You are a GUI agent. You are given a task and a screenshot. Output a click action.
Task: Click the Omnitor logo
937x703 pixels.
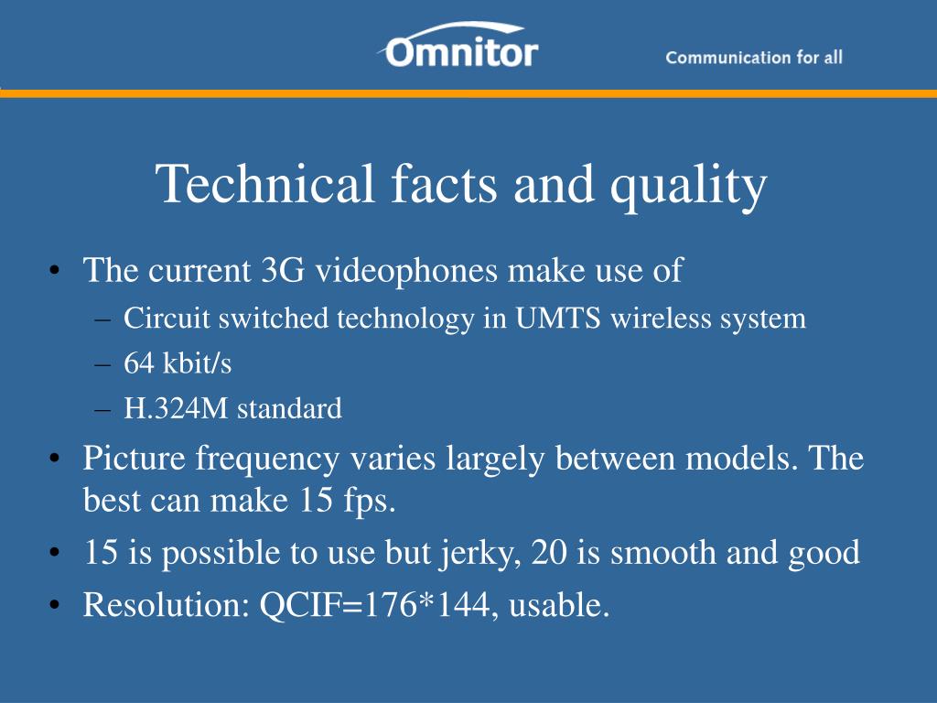[x=458, y=45]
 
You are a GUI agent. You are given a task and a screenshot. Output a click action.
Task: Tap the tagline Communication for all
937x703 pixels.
[x=754, y=58]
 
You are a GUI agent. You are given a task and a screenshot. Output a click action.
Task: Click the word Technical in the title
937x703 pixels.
[x=264, y=183]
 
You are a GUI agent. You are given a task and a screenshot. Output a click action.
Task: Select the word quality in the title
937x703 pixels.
[x=688, y=187]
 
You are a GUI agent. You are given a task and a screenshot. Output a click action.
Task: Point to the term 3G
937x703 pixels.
[x=283, y=270]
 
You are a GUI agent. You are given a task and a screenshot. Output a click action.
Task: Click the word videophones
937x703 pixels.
[x=406, y=271]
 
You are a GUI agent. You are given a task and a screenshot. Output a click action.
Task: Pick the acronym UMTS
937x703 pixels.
[x=557, y=318]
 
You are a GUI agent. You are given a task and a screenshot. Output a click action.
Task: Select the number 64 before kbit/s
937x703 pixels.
[x=139, y=362]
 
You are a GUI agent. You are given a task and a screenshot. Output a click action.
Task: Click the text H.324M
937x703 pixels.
[x=176, y=408]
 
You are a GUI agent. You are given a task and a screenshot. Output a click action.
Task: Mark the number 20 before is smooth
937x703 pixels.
[x=549, y=552]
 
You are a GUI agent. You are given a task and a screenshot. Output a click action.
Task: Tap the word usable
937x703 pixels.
[x=559, y=604]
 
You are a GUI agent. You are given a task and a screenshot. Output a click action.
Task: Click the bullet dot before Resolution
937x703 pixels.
[x=55, y=606]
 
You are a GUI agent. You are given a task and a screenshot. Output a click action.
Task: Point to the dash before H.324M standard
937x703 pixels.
[x=102, y=410]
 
